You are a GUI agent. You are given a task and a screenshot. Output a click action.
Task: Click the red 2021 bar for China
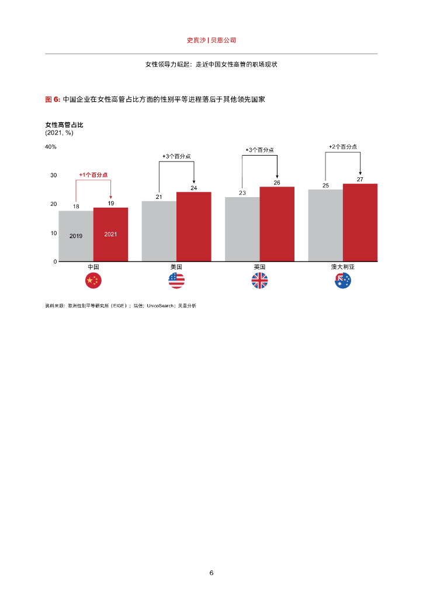(x=110, y=235)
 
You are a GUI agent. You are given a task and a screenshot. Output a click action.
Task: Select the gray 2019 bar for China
(x=76, y=236)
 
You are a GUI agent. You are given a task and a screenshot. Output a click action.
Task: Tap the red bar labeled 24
(x=194, y=226)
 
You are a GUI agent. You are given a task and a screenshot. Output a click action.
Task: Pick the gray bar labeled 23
(x=242, y=229)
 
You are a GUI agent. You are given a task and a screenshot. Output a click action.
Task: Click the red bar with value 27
(x=360, y=223)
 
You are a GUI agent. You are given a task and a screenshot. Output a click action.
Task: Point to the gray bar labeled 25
(x=325, y=225)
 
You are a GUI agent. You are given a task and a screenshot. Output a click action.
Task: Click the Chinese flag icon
(x=93, y=281)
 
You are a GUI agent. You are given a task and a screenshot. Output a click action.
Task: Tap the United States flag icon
(x=176, y=281)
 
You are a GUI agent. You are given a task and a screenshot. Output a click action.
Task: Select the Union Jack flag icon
(x=260, y=281)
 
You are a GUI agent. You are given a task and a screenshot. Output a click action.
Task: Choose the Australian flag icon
(x=343, y=281)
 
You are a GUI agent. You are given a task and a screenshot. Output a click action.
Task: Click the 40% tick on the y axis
(x=51, y=147)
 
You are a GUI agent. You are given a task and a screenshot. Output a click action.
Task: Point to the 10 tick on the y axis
(x=54, y=233)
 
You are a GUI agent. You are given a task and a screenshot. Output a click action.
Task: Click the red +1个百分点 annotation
(x=93, y=175)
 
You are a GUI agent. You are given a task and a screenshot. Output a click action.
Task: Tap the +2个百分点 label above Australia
(x=343, y=147)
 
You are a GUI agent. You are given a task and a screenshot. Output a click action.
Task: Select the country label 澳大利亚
(x=343, y=267)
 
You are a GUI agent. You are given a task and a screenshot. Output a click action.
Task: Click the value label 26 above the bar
(x=277, y=183)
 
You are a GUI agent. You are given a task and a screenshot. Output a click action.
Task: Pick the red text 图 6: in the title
(x=53, y=99)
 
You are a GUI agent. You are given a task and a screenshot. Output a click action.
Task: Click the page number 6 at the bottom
(x=211, y=573)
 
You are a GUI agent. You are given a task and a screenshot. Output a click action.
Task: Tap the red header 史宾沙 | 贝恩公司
(x=211, y=40)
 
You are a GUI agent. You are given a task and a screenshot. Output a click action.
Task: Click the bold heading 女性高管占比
(x=64, y=125)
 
